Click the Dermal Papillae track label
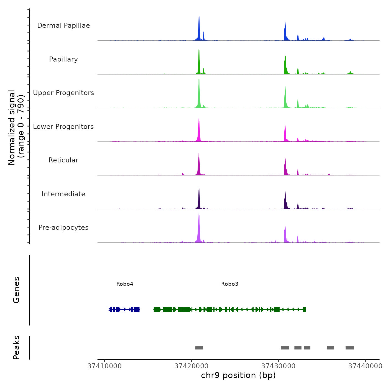(63, 25)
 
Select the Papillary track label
(63, 59)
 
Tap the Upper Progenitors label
(63, 93)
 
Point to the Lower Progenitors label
(63, 127)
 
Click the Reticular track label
(63, 160)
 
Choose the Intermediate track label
(63, 194)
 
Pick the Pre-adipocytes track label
(63, 228)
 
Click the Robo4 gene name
(125, 284)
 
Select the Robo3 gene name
(229, 284)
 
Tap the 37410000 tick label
(104, 366)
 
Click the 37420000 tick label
(192, 366)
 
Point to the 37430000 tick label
(278, 366)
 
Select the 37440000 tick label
(365, 366)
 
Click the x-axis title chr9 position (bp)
(238, 375)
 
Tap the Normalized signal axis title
(16, 127)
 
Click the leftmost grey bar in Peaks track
(199, 348)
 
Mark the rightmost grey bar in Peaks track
(350, 348)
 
